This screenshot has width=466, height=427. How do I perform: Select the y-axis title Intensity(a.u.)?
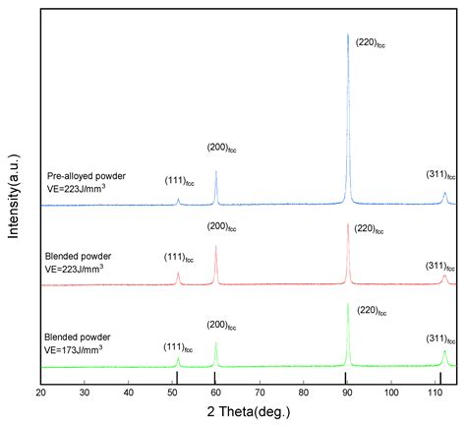coord(13,197)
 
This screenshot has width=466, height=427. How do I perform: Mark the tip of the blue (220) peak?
coord(348,34)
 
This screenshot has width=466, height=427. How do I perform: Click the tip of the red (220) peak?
coord(348,224)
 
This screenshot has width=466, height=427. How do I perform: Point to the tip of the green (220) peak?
coord(348,303)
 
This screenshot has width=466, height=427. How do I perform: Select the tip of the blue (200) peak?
coord(216,171)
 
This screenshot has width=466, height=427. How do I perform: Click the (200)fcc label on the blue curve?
coord(222,148)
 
